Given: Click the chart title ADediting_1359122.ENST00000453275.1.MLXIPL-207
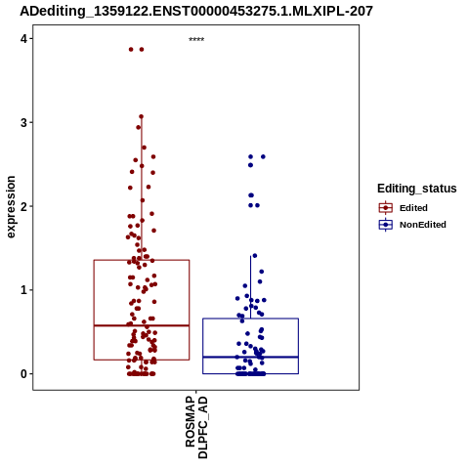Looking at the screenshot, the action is click(196, 11).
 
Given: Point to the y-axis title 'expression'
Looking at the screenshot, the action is click(11, 207).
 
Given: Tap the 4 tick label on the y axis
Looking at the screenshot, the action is click(23, 39).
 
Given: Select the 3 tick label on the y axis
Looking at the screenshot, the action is click(23, 122).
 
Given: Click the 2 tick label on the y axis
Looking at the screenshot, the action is click(23, 206).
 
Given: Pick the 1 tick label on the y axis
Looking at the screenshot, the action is click(23, 290).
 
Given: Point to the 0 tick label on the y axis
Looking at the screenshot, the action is click(23, 373).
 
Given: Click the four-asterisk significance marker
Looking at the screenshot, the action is click(196, 40).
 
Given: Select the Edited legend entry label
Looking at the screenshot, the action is click(413, 208).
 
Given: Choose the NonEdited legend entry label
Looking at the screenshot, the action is click(423, 225).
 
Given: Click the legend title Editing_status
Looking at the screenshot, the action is click(417, 189).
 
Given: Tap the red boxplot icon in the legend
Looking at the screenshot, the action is click(386, 207).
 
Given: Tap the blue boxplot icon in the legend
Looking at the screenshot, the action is click(386, 225).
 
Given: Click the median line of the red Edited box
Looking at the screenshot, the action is click(142, 325).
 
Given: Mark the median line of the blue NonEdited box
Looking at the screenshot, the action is click(250, 357).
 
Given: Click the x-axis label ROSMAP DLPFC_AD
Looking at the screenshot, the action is click(196, 427).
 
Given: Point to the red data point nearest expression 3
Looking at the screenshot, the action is click(141, 116).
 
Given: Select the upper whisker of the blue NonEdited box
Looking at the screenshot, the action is click(250, 287).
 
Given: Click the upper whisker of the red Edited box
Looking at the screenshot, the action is click(142, 189).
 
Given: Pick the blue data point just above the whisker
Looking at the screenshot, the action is click(255, 256).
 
